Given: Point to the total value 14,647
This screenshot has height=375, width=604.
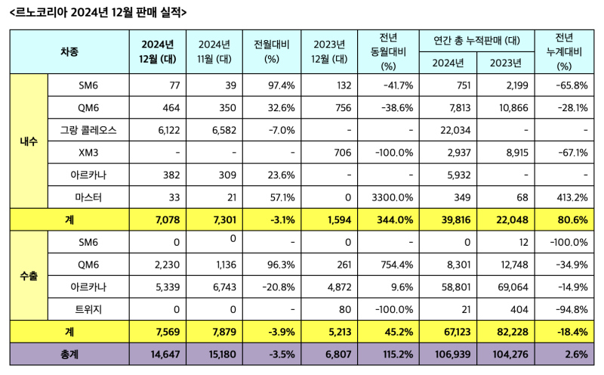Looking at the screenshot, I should pyautogui.click(x=158, y=352).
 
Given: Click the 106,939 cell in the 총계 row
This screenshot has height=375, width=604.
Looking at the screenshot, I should pyautogui.click(x=451, y=352).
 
